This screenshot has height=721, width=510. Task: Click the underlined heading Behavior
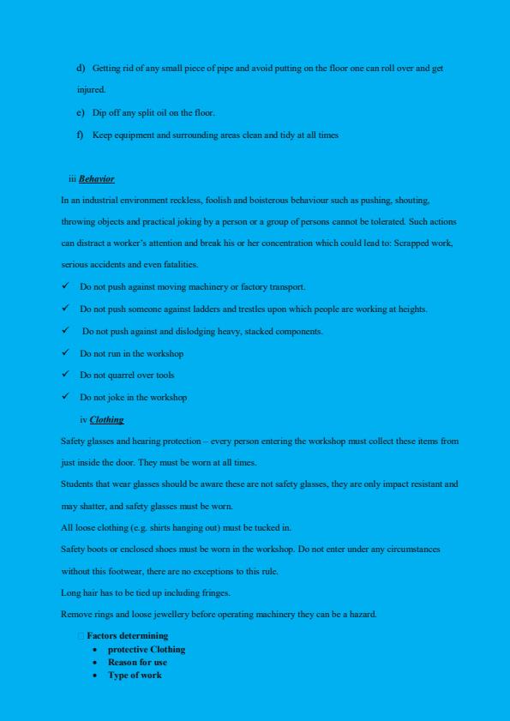coord(96,179)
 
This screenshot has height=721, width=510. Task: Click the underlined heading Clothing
coord(106,419)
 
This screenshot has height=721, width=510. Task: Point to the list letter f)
coord(81,135)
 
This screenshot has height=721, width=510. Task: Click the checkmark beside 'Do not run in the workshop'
coord(65,352)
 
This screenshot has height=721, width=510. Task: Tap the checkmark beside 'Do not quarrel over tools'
coord(65,375)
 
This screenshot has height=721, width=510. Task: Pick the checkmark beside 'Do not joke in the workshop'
coord(65,397)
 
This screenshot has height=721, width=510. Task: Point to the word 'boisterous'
coord(268,200)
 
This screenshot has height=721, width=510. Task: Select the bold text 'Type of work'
coord(134,675)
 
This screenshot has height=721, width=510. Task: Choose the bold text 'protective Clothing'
coord(146,649)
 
